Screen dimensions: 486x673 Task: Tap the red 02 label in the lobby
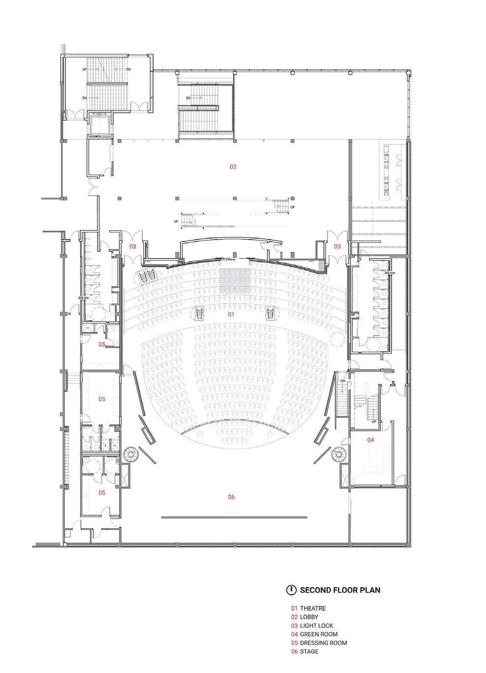[x=233, y=167]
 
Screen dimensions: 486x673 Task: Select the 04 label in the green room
[x=371, y=440]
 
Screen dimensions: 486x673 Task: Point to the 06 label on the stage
[x=231, y=497]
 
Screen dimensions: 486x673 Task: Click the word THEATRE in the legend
[x=313, y=609]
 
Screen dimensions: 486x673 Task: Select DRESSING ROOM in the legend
[x=323, y=643]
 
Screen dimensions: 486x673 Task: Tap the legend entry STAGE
[x=309, y=651]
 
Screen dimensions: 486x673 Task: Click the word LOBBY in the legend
[x=309, y=617]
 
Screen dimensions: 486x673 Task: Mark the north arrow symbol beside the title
[x=292, y=590]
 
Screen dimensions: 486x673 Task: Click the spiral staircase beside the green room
[x=339, y=454]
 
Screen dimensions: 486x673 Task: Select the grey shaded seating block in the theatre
[x=234, y=282]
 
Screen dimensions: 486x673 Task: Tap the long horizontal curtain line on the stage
[x=234, y=518]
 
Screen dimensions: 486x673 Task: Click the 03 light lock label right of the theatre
[x=337, y=246]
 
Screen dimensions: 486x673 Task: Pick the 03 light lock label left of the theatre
[x=132, y=246]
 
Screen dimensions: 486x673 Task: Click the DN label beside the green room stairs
[x=343, y=381]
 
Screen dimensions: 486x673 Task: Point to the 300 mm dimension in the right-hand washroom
[x=389, y=273]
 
